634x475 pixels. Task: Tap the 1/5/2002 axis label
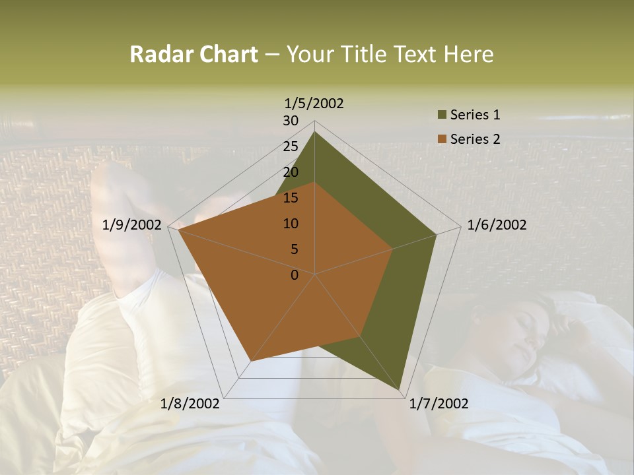314,103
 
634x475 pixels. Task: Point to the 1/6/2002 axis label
497,225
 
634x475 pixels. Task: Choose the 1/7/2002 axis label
439,403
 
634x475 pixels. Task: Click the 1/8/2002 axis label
190,403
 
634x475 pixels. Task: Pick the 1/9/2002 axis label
132,225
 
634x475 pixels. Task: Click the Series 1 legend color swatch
442,115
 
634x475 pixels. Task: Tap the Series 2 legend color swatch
442,139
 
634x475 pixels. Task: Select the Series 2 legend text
475,139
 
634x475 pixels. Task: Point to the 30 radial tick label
291,121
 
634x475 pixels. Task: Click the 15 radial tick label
291,198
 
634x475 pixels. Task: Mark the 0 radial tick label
295,275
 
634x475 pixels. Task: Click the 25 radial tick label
291,146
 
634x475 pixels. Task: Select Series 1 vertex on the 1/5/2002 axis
315,131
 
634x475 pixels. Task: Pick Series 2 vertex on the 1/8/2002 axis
251,361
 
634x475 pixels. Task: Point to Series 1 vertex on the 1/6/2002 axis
437,234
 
